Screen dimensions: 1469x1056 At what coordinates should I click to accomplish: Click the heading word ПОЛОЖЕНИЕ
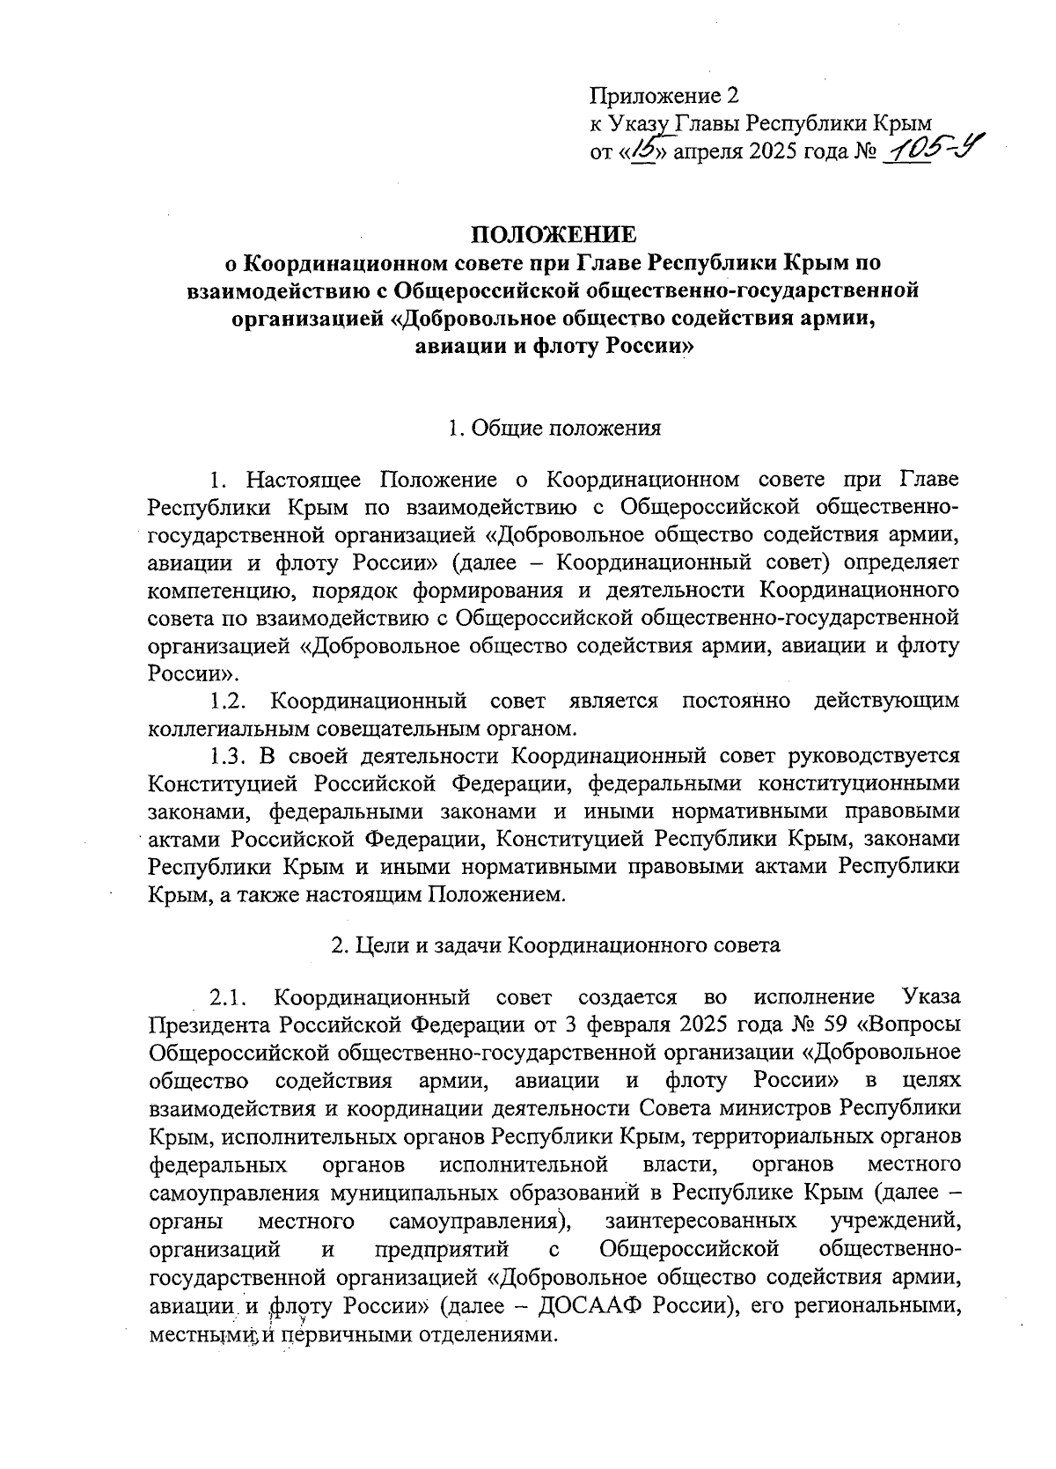tap(553, 234)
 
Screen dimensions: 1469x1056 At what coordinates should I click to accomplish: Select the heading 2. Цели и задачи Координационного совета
tap(554, 946)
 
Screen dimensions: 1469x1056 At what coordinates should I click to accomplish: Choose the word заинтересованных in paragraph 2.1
tap(700, 1222)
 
